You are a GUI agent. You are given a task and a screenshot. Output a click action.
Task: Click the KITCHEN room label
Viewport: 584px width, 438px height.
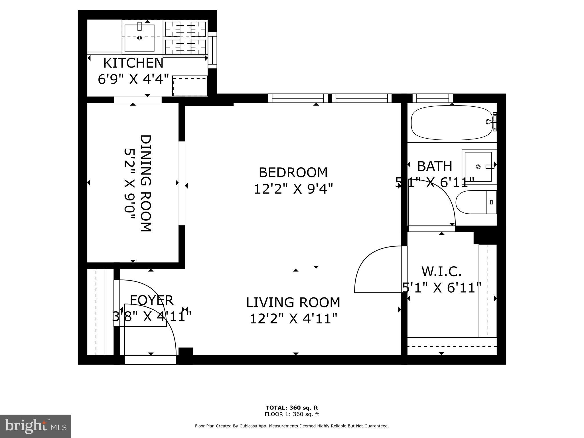coord(133,63)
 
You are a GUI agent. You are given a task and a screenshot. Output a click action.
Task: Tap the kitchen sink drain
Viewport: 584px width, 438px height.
coord(139,38)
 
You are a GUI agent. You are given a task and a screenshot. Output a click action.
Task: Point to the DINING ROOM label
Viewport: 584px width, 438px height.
coord(146,183)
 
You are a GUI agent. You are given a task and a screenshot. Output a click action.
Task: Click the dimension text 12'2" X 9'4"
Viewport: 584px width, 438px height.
coord(293,189)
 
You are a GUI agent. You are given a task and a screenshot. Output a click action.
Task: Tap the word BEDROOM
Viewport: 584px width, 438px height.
coord(293,173)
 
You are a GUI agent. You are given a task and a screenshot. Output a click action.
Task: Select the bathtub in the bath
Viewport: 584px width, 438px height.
coord(452,123)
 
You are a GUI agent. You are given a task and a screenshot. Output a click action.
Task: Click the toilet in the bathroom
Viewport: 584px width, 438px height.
coord(476,202)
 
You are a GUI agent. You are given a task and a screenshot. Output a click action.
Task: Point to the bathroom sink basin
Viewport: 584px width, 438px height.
coord(478,167)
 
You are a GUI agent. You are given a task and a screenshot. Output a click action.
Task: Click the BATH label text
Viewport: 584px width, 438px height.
coord(435,166)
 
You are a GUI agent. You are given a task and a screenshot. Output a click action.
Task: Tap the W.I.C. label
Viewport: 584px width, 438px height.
coord(441,271)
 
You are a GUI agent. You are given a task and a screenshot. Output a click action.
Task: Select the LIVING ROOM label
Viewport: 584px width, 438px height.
coord(293,303)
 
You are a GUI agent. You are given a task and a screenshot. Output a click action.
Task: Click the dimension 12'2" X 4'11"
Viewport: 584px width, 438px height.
coord(293,319)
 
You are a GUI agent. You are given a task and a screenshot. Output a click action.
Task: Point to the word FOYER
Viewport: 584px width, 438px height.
coord(151,300)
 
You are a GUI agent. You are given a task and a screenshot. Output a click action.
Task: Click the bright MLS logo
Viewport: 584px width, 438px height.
coord(36,426)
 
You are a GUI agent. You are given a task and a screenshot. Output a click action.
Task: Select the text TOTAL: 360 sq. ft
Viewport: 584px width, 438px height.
coord(292,407)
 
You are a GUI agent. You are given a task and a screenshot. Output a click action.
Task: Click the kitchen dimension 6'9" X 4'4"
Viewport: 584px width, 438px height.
coord(133,79)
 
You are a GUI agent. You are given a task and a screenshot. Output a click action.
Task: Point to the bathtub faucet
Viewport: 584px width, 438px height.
coord(489,122)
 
